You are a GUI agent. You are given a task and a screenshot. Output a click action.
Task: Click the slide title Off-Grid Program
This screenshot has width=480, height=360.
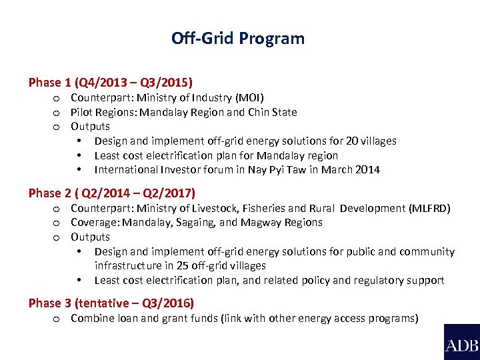(x=238, y=38)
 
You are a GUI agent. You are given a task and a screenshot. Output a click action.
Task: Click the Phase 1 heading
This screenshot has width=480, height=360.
(x=111, y=83)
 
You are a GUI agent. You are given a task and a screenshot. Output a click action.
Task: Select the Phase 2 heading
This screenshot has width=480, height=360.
(x=112, y=193)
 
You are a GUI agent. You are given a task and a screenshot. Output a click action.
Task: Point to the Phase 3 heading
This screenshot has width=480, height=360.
(x=111, y=303)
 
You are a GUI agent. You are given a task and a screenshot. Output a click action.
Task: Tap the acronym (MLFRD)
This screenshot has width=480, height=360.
(x=430, y=208)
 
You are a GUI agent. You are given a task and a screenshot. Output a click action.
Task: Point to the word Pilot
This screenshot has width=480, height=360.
(x=81, y=112)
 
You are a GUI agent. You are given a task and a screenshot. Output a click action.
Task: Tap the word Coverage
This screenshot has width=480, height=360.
(x=95, y=222)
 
